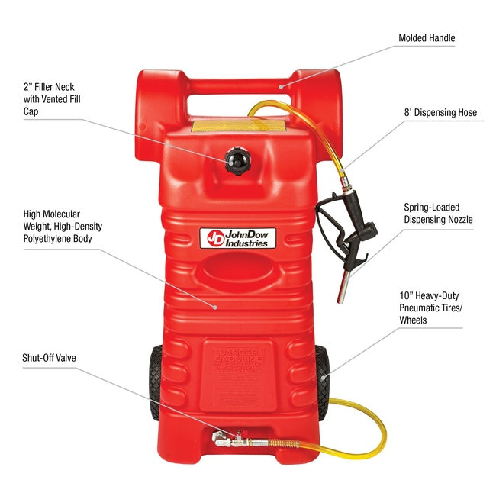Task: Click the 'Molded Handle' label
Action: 427,37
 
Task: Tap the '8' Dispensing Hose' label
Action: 440,113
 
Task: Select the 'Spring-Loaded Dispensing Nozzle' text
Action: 438,213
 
